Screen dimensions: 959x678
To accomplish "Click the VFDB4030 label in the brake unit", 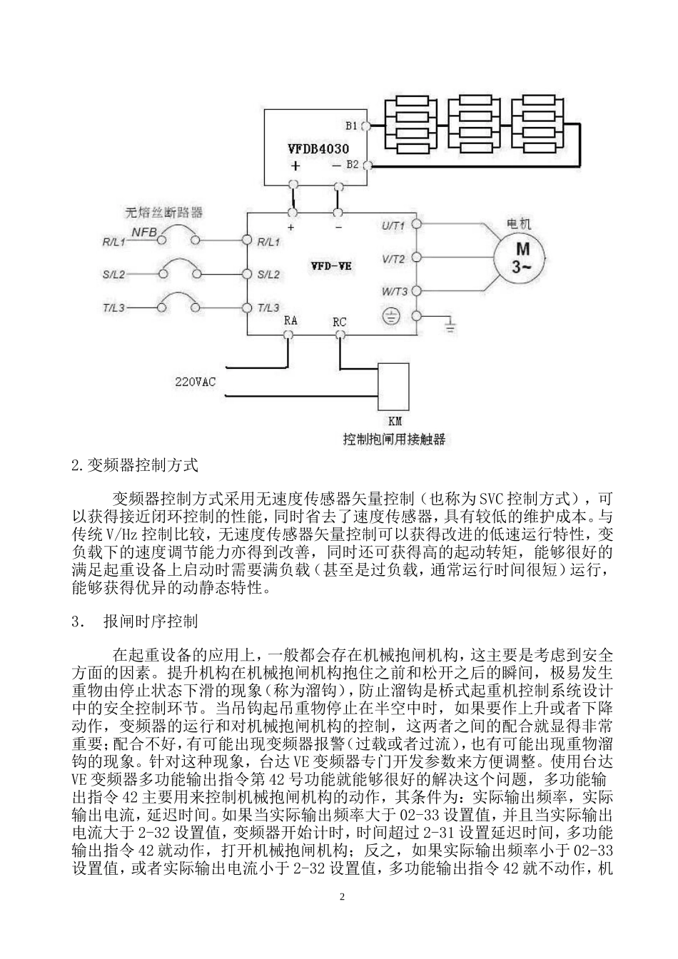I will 318,149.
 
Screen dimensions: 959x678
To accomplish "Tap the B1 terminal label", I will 350,126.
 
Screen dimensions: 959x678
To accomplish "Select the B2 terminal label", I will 352,165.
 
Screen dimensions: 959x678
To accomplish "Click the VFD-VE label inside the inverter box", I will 330,265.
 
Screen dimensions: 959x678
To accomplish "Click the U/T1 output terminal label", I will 393,226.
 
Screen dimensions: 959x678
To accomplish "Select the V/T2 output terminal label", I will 393,259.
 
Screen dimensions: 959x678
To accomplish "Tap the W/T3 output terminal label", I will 394,291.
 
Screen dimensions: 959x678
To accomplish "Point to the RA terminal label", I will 290,321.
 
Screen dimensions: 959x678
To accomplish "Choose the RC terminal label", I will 340,322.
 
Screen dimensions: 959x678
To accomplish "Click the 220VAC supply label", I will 196,381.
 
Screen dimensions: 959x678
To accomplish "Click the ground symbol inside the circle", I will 392,316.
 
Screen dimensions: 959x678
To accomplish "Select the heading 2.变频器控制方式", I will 134,465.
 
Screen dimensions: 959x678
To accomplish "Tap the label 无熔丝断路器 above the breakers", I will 164,212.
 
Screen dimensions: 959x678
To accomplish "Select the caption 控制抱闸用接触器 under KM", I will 394,439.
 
